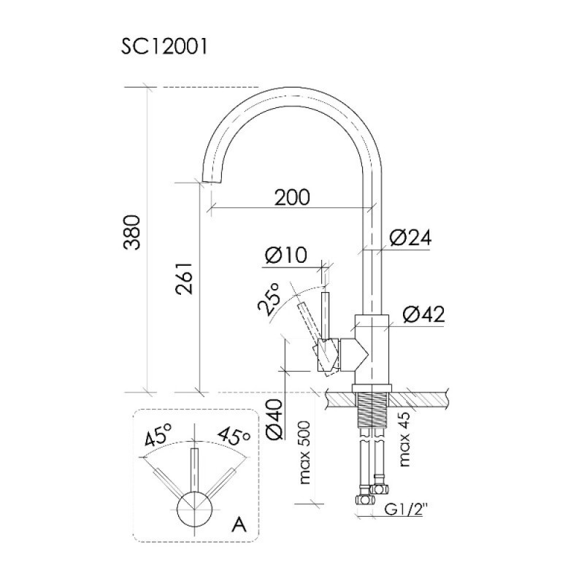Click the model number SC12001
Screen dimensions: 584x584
pos(164,47)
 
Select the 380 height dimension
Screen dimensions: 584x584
pos(132,232)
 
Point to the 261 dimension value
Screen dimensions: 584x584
pos(185,279)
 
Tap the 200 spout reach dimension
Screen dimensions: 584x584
pos(292,197)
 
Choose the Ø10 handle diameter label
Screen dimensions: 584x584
pos(286,255)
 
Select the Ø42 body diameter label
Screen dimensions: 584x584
pos(423,315)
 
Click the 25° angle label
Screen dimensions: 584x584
pos(269,299)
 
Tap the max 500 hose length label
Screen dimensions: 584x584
pos(304,453)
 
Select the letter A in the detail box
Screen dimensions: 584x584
pos(239,526)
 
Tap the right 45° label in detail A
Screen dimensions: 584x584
pos(234,437)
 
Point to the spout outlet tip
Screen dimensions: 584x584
pos(211,181)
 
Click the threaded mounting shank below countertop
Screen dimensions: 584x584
pos(372,410)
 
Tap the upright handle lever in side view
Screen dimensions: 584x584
pos(326,317)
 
